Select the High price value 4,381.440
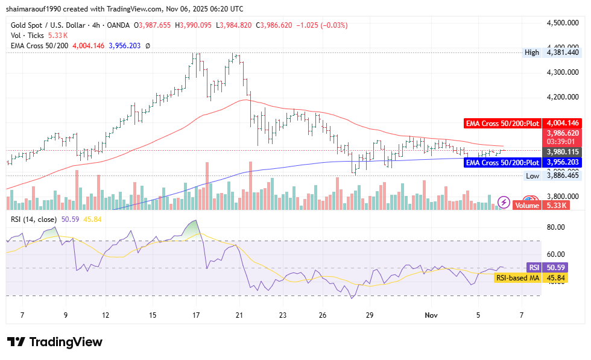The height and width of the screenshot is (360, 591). pyautogui.click(x=562, y=52)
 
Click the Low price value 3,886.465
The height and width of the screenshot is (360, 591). pyautogui.click(x=562, y=175)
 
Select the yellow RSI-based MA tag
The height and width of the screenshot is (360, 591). pyautogui.click(x=517, y=277)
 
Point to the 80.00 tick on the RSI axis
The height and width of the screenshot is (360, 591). pyautogui.click(x=555, y=227)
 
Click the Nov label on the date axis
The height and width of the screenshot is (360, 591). pyautogui.click(x=431, y=315)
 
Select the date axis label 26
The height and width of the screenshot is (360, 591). pyautogui.click(x=323, y=315)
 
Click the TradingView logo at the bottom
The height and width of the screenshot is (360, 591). pyautogui.click(x=55, y=342)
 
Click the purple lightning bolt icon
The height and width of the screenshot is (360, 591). pyautogui.click(x=503, y=202)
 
